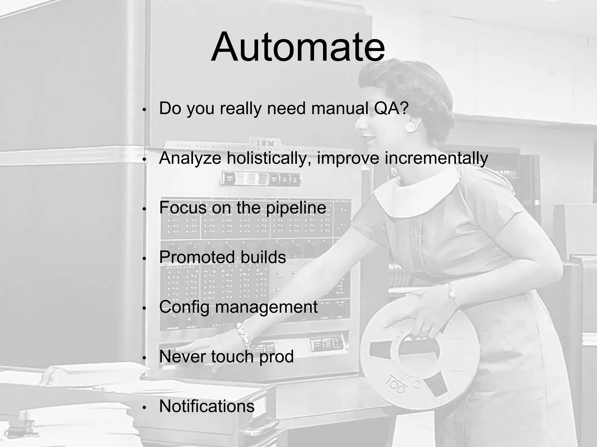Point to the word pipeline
[x=296, y=208]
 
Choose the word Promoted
[x=197, y=257]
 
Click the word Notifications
[x=207, y=406]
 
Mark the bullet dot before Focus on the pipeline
[x=144, y=209]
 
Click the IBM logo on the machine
[x=265, y=143]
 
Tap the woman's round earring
[x=410, y=127]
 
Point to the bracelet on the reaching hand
[x=243, y=335]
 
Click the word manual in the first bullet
[x=340, y=108]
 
